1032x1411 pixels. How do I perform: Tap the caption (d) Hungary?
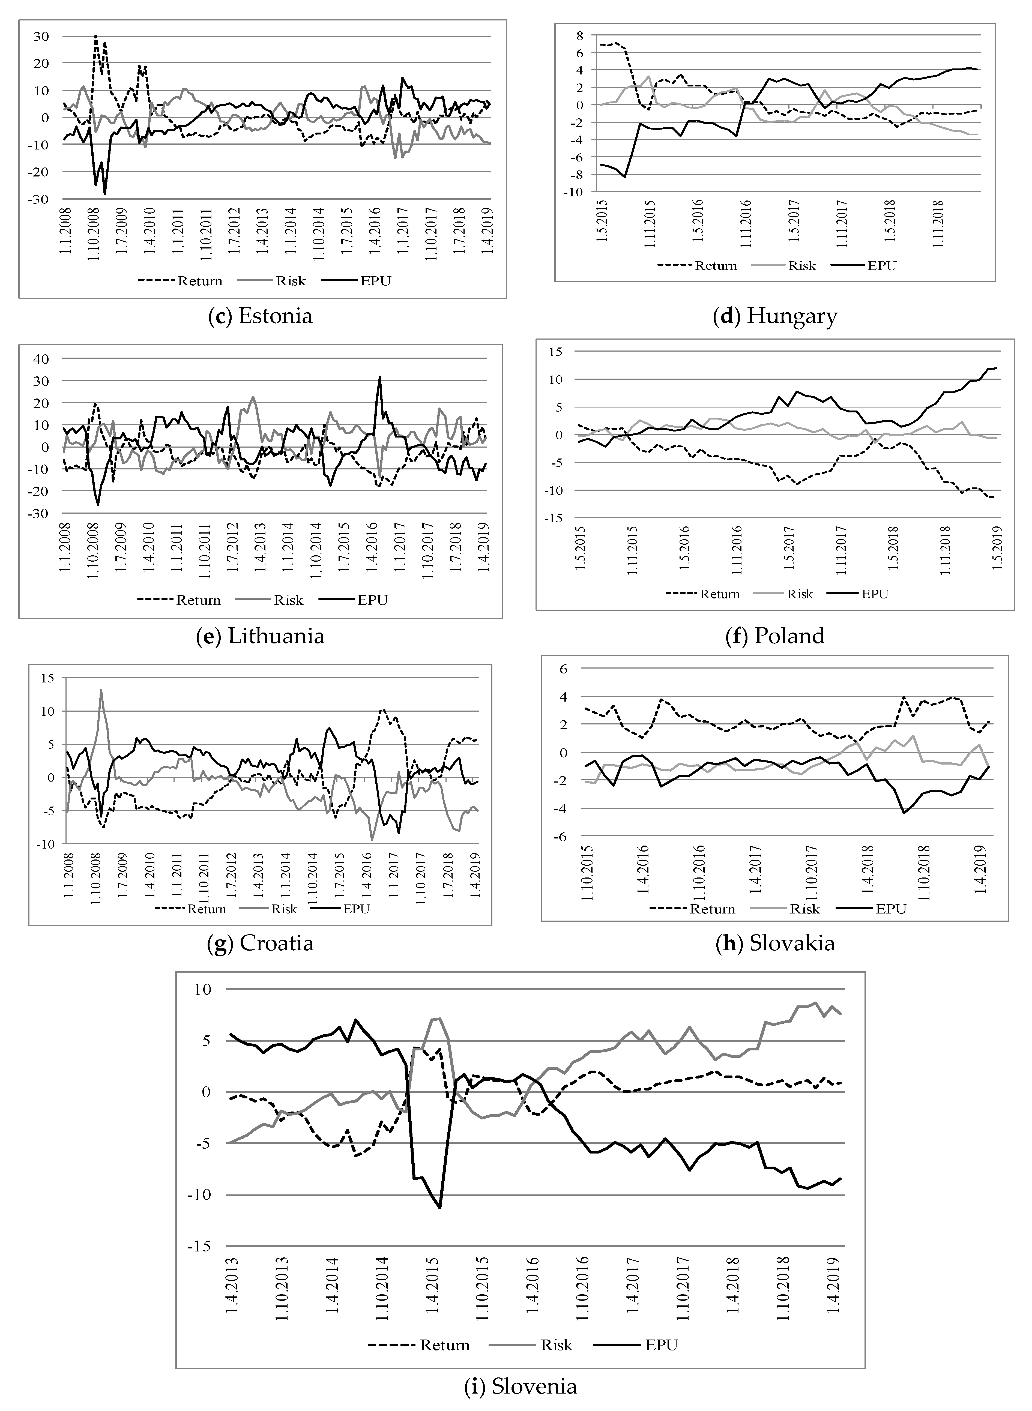(775, 316)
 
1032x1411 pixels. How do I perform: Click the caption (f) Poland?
(775, 636)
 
